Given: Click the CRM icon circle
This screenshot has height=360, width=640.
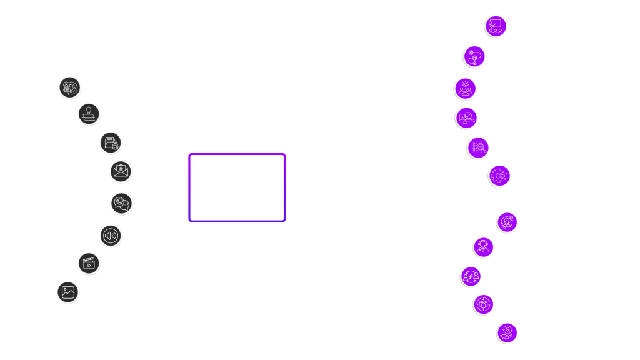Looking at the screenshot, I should point(69,87).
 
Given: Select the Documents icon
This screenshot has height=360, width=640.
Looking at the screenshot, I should point(111,142).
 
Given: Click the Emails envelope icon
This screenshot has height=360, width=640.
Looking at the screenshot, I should point(120,171).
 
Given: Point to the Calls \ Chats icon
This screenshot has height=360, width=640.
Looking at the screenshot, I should point(121,203).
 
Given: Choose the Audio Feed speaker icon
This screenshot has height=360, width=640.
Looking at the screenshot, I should point(111,235).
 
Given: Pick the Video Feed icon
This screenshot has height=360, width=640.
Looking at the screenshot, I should point(89,263).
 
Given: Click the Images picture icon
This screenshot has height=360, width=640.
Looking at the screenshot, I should point(68,292).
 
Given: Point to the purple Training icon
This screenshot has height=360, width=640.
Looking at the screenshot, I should point(496,26).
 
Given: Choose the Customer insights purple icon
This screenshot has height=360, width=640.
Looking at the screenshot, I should point(465,88).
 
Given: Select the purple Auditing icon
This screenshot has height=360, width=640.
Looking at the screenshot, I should point(478,147).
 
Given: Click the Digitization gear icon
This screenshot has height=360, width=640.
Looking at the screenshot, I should point(499,176).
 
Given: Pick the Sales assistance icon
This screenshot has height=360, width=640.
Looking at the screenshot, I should point(507,222).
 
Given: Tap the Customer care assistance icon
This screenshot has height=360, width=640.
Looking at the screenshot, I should point(507,333).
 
